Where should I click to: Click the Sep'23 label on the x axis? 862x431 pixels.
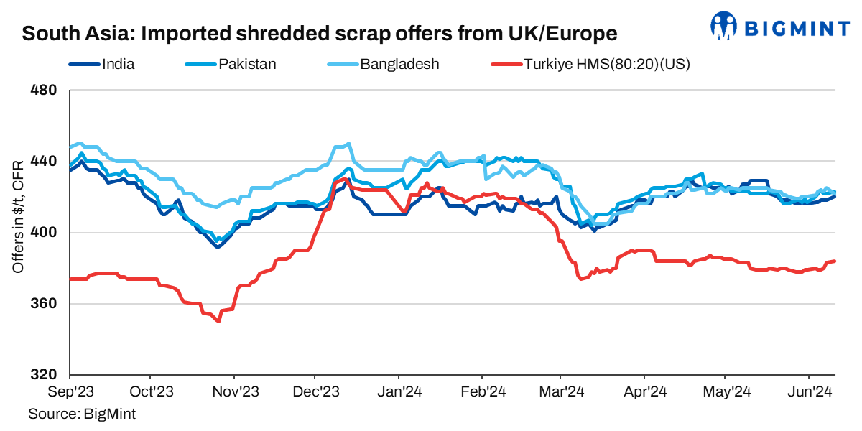tap(70, 392)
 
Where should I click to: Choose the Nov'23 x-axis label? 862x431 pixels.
tap(234, 392)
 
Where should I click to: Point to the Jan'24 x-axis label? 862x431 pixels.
tap(399, 392)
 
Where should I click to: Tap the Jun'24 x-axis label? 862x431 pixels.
tap(810, 392)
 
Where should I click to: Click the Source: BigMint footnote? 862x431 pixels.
tap(82, 414)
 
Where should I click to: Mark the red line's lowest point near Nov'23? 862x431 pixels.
tap(218, 321)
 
